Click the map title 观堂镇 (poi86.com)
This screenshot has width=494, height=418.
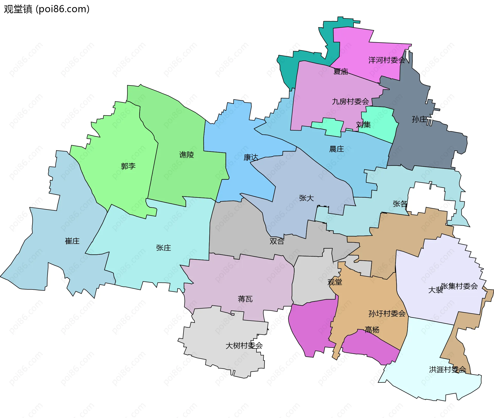coord(47,9)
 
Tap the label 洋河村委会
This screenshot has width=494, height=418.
coord(386,60)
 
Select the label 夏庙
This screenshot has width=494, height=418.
coord(340,72)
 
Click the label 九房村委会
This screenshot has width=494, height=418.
coord(350,102)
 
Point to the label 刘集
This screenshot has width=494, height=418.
coord(363,125)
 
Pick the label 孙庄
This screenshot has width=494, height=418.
coord(419,120)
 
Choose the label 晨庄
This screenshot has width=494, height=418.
coord(336,149)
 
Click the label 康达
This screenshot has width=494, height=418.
coord(251,158)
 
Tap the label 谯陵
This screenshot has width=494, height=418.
coord(186,155)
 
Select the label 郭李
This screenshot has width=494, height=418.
coord(128,166)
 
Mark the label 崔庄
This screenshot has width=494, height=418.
coord(72,241)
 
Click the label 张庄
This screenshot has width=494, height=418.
coord(163,248)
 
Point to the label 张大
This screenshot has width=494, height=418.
coord(306,198)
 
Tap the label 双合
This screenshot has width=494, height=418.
coord(277,241)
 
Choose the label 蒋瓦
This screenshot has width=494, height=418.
coord(245,299)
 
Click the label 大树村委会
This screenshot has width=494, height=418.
coord(244,346)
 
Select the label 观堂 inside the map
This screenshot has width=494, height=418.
coord(334,282)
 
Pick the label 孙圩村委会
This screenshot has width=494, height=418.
coord(387,314)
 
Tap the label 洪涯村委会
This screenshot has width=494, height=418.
coord(447,370)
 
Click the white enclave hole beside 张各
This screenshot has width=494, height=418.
coord(427,198)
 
